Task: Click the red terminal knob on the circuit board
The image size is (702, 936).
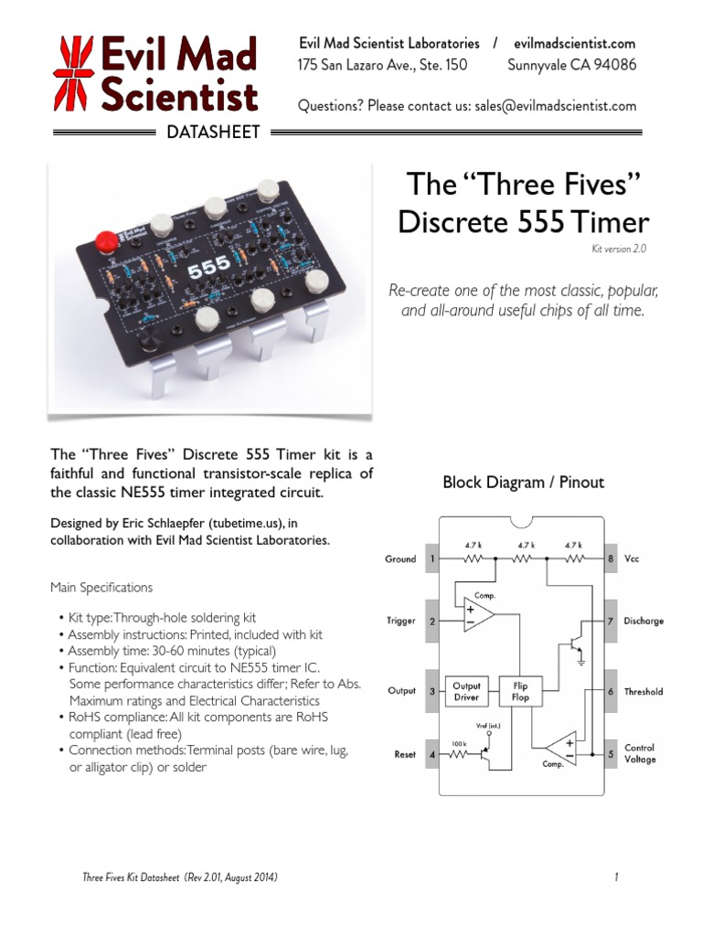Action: click(106, 240)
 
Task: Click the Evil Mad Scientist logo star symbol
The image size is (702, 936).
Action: click(74, 72)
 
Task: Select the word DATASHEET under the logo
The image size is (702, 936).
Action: click(213, 133)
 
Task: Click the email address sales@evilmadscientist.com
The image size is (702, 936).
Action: click(555, 106)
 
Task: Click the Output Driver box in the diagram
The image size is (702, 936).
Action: click(467, 691)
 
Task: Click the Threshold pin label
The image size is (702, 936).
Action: click(643, 692)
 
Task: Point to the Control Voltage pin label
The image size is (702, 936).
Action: click(640, 753)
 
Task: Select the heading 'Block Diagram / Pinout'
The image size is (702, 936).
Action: click(523, 482)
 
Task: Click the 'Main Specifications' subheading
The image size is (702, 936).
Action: click(101, 587)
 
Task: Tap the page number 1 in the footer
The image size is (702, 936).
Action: click(617, 877)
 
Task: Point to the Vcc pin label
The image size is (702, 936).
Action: click(631, 559)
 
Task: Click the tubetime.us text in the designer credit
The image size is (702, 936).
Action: click(235, 522)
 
